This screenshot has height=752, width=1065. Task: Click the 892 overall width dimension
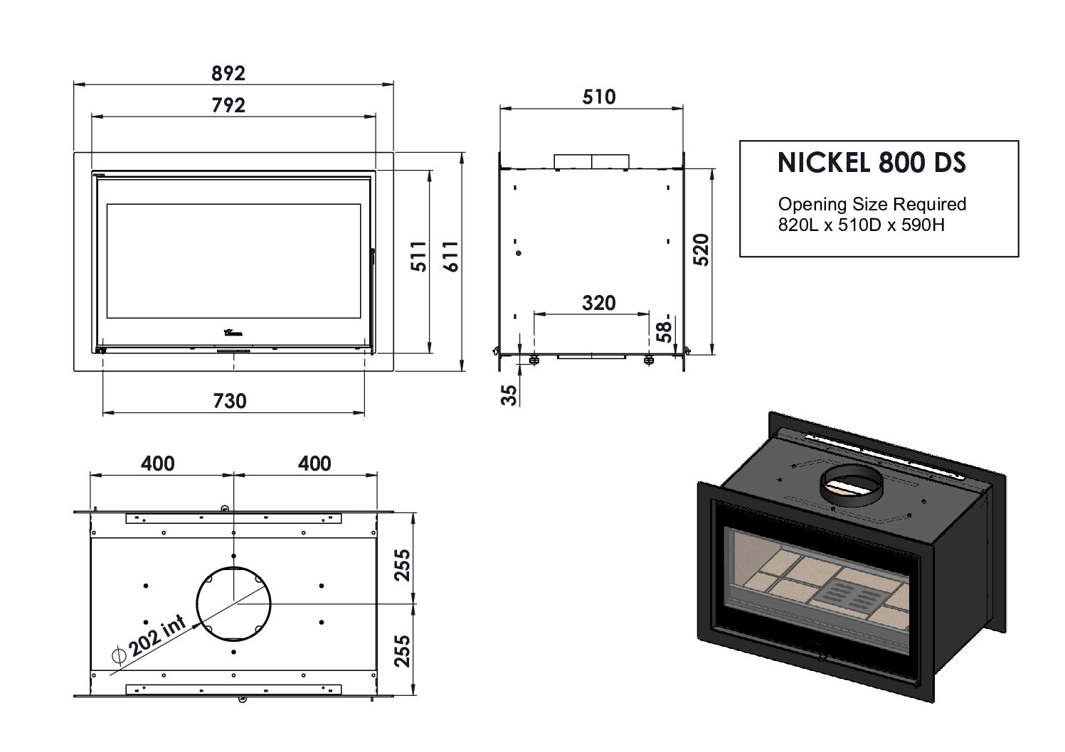click(228, 73)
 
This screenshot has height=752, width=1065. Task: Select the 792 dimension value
click(228, 105)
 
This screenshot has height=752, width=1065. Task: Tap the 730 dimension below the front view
click(230, 401)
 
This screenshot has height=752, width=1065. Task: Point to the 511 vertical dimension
click(419, 257)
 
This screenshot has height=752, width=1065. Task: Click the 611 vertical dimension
click(451, 257)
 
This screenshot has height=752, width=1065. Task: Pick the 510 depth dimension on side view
click(598, 97)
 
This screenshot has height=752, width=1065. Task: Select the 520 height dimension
click(701, 249)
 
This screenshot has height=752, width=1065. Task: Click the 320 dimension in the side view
click(598, 303)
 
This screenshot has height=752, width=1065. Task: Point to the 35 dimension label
click(509, 394)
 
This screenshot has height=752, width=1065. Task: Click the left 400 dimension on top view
click(157, 463)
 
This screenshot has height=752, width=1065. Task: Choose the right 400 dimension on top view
click(314, 463)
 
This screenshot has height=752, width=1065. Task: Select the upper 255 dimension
click(403, 565)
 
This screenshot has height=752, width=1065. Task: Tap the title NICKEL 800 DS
click(871, 163)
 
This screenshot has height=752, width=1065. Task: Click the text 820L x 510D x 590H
click(861, 225)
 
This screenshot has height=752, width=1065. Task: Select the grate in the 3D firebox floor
click(852, 593)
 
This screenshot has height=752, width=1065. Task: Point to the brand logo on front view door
click(233, 332)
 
